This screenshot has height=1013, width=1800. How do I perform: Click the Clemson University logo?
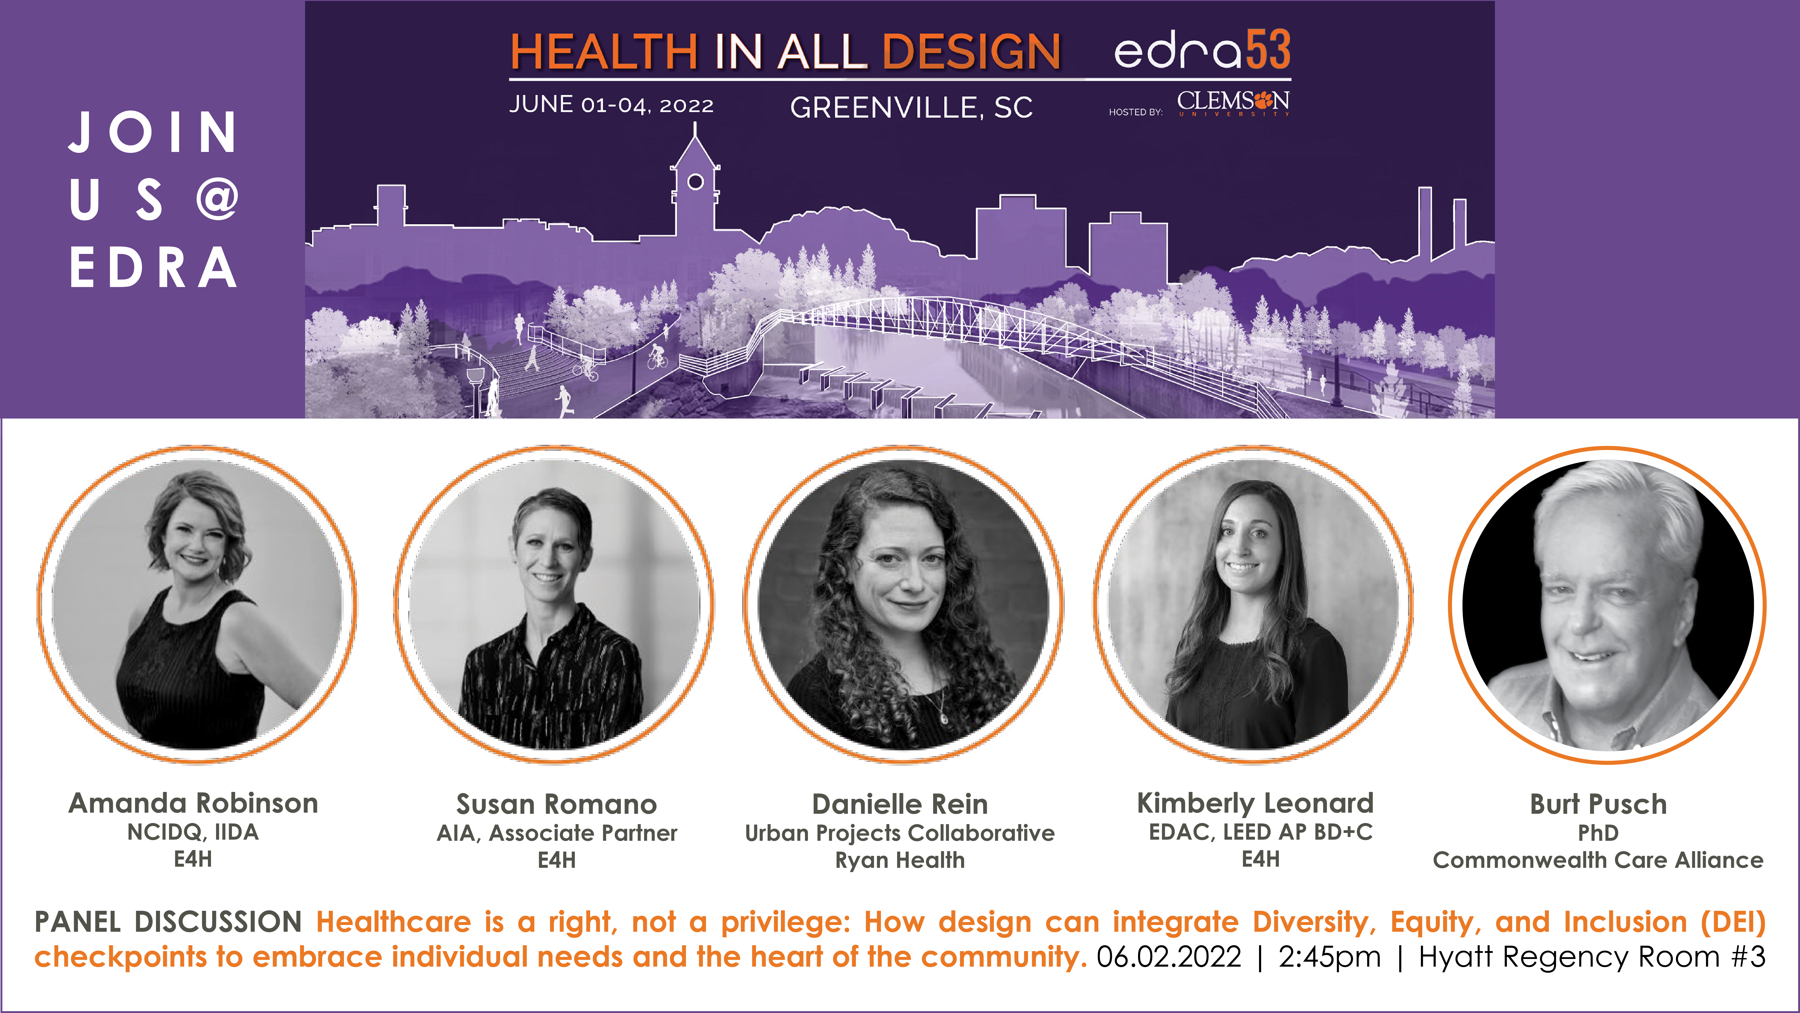coord(1233,103)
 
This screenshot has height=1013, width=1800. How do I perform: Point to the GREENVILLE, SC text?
coord(911,108)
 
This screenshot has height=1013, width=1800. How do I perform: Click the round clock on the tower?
coord(695,182)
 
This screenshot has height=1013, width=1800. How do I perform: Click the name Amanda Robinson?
coord(193,803)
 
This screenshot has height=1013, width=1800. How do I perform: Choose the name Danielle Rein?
coord(900,804)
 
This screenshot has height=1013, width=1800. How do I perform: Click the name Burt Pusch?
coord(1598,804)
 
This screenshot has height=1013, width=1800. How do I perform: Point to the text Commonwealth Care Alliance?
coord(1598,860)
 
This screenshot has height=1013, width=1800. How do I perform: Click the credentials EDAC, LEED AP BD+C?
coord(1260,832)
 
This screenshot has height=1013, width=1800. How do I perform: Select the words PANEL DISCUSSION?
coord(168,922)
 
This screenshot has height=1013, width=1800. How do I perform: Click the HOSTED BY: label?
coord(1136,112)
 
